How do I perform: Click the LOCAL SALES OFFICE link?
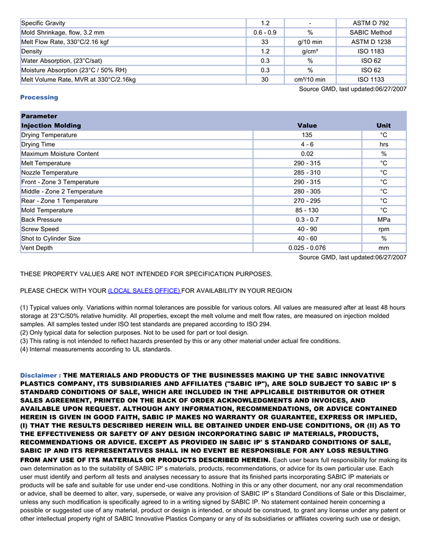[144, 291]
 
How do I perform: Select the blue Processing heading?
[39, 98]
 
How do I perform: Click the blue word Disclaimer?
[39, 375]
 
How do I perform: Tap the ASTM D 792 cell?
[371, 23]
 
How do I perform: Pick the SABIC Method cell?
[371, 32]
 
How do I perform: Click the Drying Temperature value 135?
[307, 135]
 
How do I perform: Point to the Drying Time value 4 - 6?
[307, 145]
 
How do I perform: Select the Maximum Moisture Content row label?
[60, 154]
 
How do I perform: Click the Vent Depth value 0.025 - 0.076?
[307, 248]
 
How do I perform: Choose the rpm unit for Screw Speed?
[384, 229]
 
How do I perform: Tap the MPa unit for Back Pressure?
[384, 220]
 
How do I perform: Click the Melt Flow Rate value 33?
[265, 42]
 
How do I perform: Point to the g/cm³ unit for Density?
[310, 51]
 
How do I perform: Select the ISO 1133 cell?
[371, 79]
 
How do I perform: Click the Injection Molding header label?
[51, 126]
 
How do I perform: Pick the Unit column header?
[384, 126]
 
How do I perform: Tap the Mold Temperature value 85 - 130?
[307, 210]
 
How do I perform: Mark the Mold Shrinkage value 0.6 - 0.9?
[265, 32]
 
